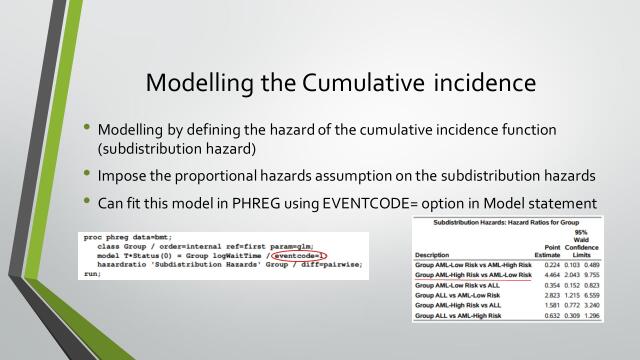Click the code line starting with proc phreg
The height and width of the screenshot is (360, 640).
[121, 238]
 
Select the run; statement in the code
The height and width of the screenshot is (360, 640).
[94, 272]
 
